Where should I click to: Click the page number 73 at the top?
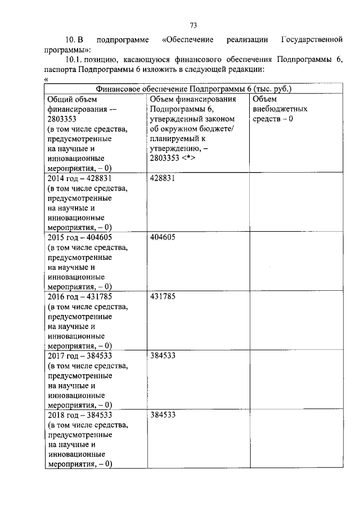point(193,25)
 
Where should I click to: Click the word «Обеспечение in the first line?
point(187,40)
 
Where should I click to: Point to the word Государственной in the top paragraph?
point(311,40)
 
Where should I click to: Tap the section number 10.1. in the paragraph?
point(74,59)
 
